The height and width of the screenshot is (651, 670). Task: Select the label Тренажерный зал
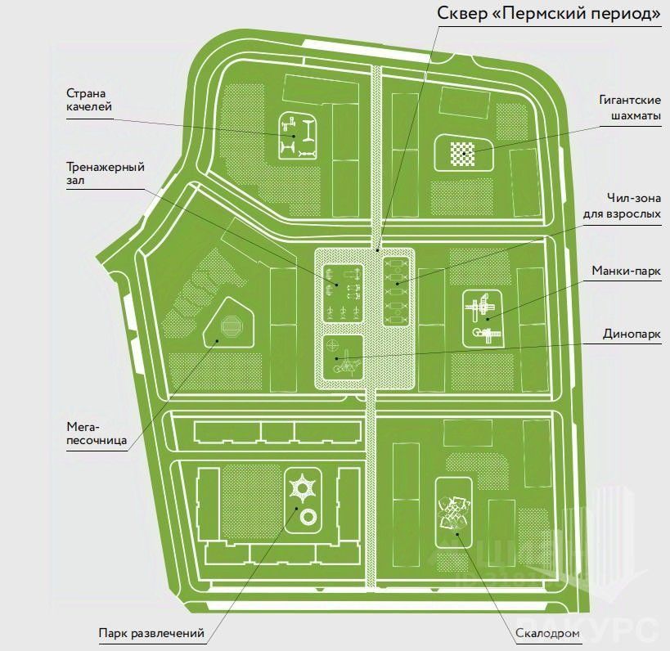[x=106, y=173]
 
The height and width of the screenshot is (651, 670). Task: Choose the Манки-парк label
[x=627, y=270]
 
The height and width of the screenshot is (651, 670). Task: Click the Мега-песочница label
[x=97, y=433]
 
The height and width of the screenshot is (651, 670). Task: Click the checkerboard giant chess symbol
[x=462, y=151]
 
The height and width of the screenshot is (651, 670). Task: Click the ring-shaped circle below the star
[x=308, y=517]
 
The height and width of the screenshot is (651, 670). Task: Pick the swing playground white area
[x=296, y=136]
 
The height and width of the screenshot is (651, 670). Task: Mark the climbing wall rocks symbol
[x=454, y=515]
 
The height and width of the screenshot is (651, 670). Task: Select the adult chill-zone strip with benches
[x=396, y=292]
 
